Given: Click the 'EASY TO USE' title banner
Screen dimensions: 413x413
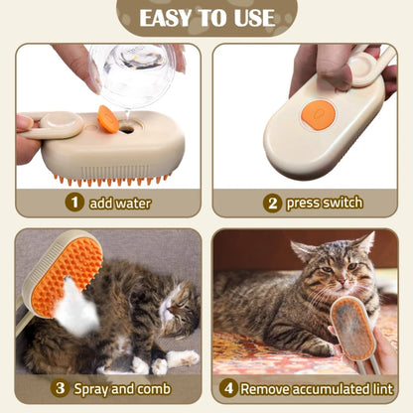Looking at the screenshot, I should pyautogui.click(x=206, y=18).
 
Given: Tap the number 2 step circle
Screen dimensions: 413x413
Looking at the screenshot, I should pyautogui.click(x=271, y=203).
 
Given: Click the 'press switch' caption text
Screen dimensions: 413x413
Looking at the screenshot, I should pyautogui.click(x=324, y=203).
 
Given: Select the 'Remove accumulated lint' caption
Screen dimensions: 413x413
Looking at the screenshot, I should pyautogui.click(x=319, y=388).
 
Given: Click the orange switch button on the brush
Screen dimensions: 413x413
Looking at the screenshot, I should pyautogui.click(x=315, y=113).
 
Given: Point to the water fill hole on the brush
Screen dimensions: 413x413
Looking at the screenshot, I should pyautogui.click(x=127, y=128).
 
